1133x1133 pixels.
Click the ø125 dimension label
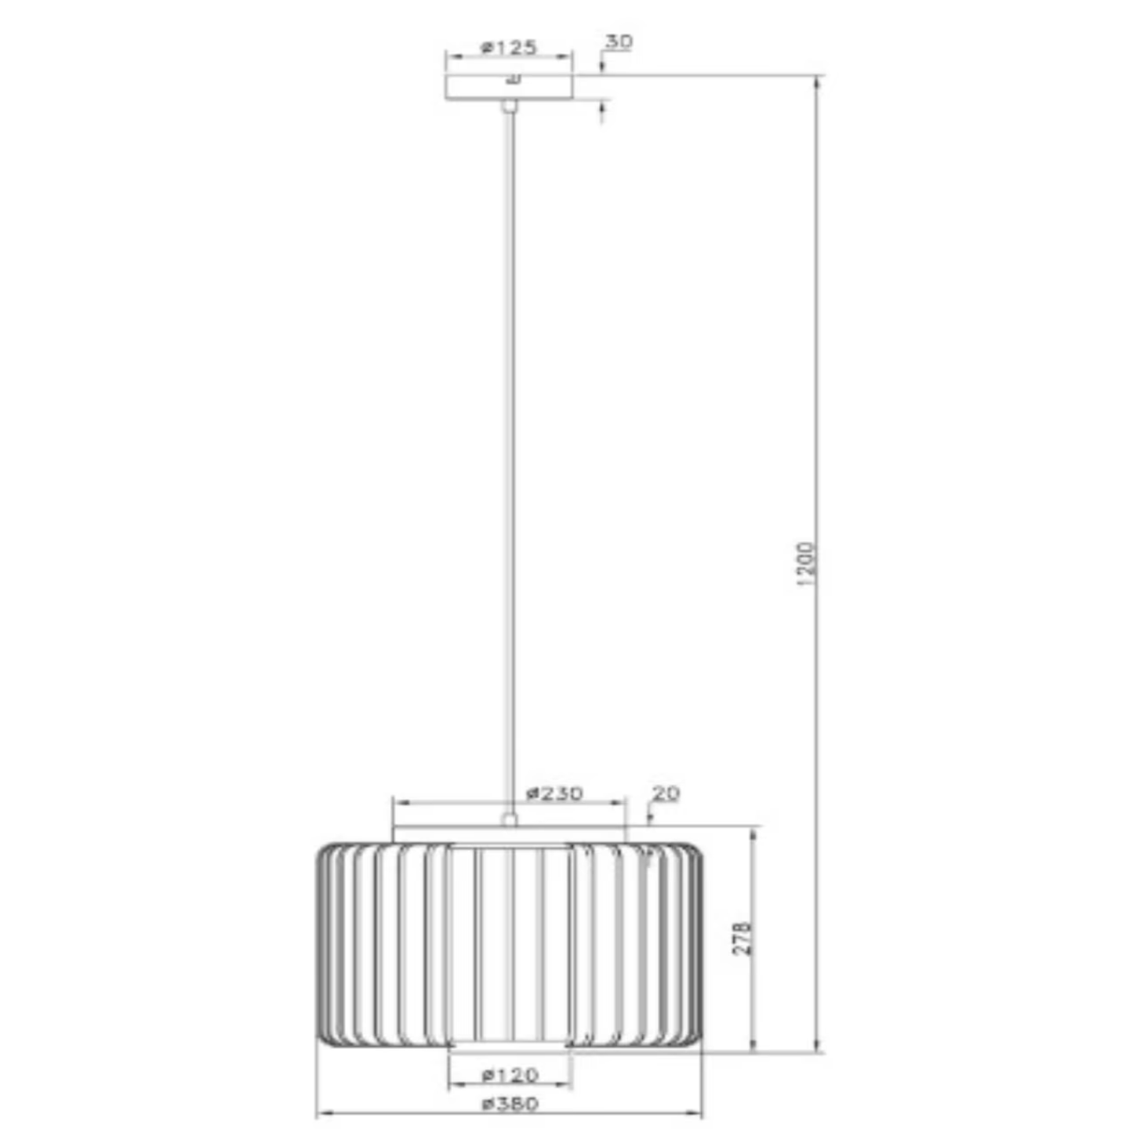pyautogui.click(x=509, y=48)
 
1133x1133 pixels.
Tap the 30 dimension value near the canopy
pyautogui.click(x=619, y=42)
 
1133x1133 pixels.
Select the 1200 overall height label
pyautogui.click(x=805, y=564)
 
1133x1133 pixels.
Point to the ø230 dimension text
pyautogui.click(x=554, y=793)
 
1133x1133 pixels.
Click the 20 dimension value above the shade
pyautogui.click(x=666, y=793)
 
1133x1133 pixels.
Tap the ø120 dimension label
pyautogui.click(x=510, y=1076)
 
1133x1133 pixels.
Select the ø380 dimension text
pyautogui.click(x=510, y=1104)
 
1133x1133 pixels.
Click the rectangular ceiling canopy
pyautogui.click(x=509, y=88)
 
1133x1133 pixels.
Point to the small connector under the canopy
pyautogui.click(x=509, y=107)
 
